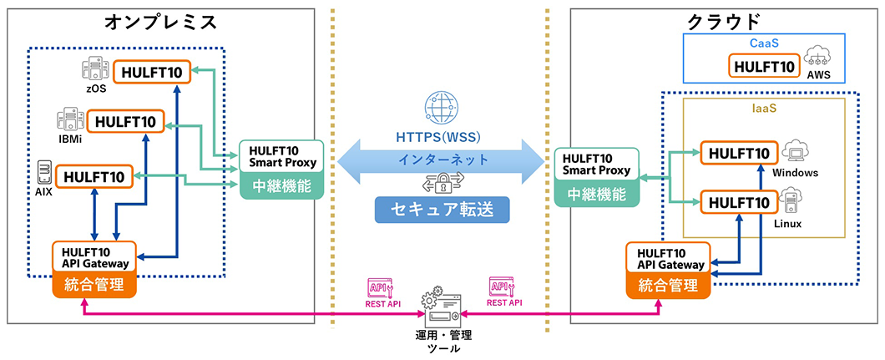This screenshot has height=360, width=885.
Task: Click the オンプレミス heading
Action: point(161,22)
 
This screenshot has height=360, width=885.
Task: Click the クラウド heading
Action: point(723,22)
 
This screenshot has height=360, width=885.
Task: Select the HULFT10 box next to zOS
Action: point(153,71)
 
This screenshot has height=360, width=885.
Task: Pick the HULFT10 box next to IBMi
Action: point(126,122)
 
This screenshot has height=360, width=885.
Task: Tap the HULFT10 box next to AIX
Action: point(94,176)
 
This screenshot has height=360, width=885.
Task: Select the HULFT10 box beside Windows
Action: point(738,153)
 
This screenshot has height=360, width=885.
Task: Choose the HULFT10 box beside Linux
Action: point(738,202)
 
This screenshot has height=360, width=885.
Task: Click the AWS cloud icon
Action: point(819,57)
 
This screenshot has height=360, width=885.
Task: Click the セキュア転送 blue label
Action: point(442,210)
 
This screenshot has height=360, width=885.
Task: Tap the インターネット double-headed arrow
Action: point(442,159)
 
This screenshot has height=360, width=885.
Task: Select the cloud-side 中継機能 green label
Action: point(596,195)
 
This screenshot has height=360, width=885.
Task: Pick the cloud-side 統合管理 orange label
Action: point(667,285)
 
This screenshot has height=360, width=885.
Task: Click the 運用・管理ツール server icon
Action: point(442,310)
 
